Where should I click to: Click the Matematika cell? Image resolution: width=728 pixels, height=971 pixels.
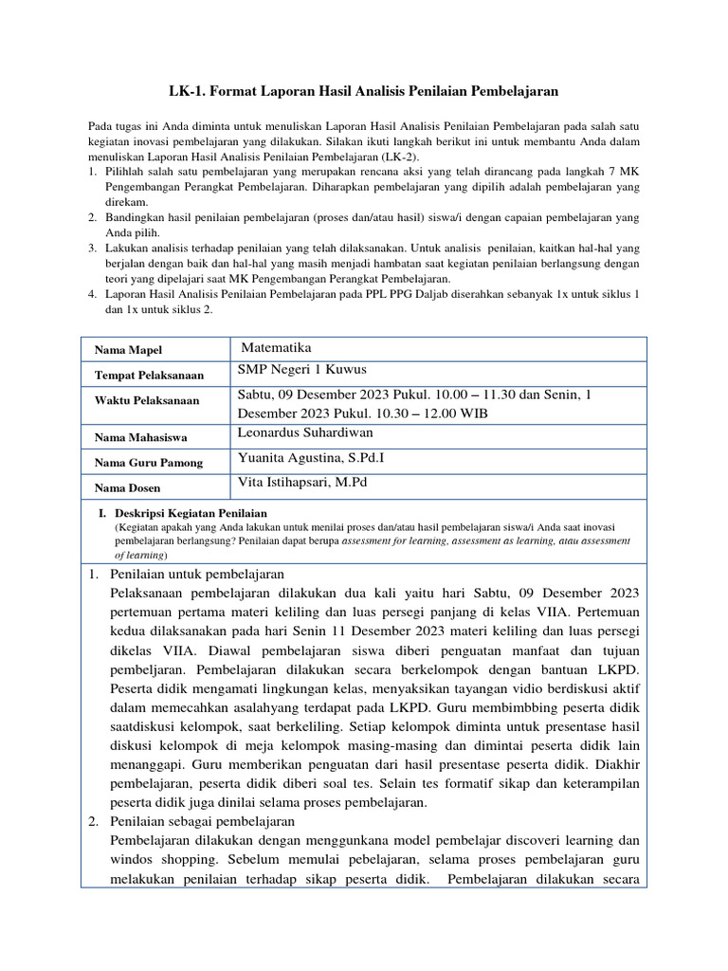pos(277,348)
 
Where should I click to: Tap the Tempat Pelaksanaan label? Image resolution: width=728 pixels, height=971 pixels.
pos(149,376)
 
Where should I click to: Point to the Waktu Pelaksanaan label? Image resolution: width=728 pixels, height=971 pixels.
pos(147,400)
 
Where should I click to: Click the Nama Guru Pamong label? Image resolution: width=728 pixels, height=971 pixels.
pos(148,463)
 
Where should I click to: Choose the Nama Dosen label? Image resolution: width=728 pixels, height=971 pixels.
pos(127,487)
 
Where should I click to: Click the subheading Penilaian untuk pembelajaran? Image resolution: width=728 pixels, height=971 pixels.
pos(197,575)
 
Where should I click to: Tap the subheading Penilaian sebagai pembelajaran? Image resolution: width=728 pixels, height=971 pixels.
pos(203,820)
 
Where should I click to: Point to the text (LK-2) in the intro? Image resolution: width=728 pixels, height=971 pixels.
pos(402,156)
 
